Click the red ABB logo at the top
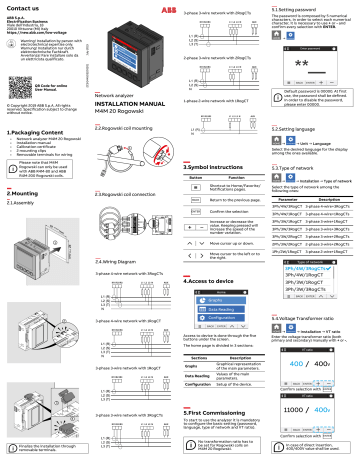coord(135,8)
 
